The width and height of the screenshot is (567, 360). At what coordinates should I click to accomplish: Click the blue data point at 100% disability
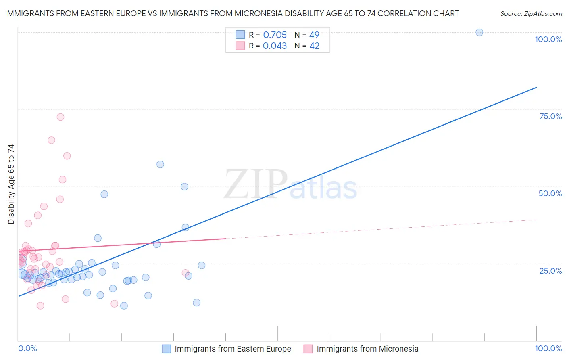click(x=479, y=32)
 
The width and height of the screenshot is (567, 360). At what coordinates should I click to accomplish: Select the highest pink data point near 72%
click(x=60, y=117)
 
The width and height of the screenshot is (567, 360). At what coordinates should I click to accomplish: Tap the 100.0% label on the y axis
click(x=548, y=39)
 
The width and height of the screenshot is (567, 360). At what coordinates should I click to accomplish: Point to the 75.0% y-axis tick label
click(x=550, y=116)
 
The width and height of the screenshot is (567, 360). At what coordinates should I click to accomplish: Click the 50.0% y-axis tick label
click(x=550, y=193)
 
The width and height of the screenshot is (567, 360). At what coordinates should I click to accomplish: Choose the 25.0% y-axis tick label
click(x=550, y=271)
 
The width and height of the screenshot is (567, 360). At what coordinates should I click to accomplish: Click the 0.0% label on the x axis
click(x=27, y=348)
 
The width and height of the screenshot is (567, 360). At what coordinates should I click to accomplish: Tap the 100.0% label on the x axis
click(x=548, y=348)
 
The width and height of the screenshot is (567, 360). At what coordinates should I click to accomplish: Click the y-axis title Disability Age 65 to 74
click(x=11, y=184)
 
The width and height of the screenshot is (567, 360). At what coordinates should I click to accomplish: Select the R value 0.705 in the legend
click(x=275, y=35)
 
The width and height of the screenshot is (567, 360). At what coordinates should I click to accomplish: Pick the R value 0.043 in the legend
click(x=275, y=46)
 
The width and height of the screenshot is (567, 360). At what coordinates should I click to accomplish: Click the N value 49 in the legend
click(x=314, y=35)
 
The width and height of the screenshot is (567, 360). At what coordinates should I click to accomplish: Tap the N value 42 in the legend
click(x=314, y=46)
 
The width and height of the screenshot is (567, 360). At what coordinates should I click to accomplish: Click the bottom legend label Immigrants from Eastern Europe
click(x=233, y=349)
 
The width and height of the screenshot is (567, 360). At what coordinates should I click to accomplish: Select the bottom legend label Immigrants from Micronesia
click(x=367, y=349)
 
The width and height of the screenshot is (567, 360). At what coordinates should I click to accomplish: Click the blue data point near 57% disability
click(x=160, y=164)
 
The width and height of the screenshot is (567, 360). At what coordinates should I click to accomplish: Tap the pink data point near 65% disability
click(x=51, y=140)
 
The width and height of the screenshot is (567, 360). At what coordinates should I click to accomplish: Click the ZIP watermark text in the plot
click(x=256, y=184)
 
